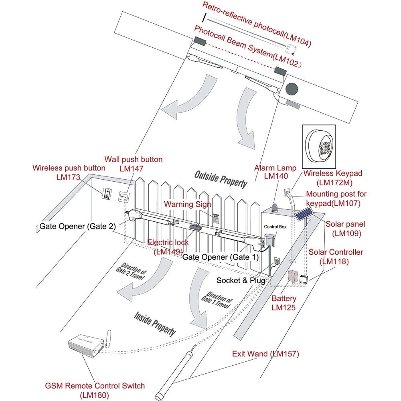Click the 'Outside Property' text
[x=221, y=178]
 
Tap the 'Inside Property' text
[x=155, y=323]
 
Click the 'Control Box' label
[x=275, y=227]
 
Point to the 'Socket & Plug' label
[x=241, y=280]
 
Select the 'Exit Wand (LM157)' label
[x=265, y=354]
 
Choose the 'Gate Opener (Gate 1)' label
[x=221, y=257]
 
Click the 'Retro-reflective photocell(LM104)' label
[x=257, y=25]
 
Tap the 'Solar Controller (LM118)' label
[x=336, y=257]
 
